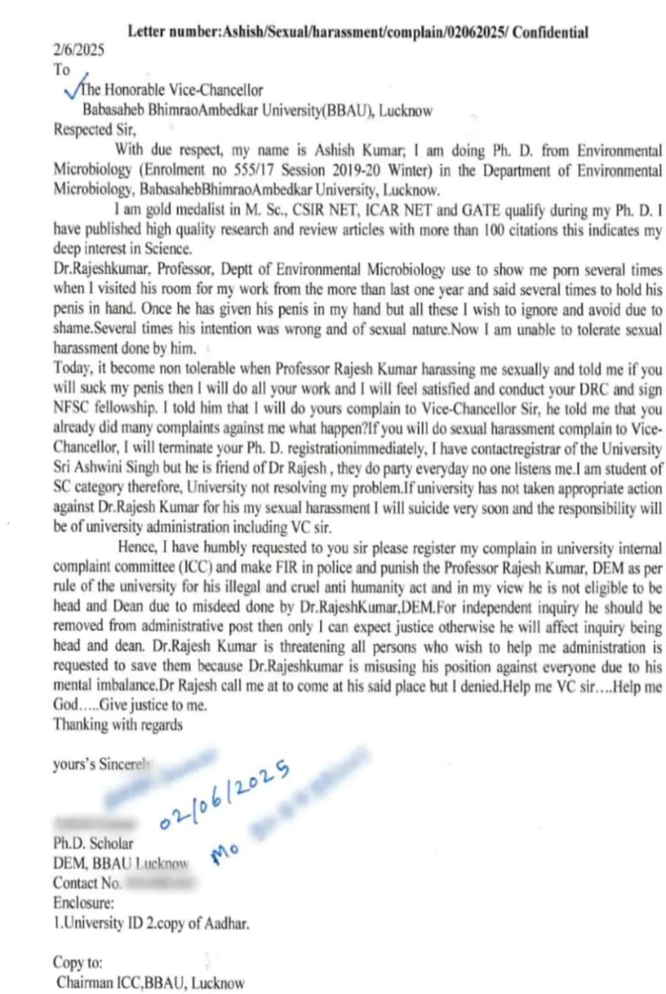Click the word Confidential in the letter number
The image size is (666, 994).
[550, 32]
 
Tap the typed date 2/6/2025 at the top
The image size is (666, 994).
[78, 50]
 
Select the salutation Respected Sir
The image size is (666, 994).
[94, 130]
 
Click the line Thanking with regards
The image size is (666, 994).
[117, 724]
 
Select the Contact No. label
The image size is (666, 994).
[87, 883]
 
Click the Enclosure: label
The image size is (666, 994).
[83, 902]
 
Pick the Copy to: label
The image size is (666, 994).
[78, 962]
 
